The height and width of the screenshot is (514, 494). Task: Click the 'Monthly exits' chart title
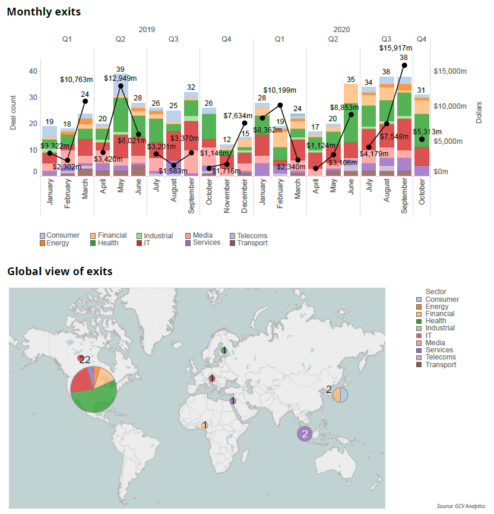click(x=44, y=11)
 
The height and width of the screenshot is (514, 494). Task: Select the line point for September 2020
click(x=404, y=65)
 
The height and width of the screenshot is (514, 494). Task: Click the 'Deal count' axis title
click(x=13, y=115)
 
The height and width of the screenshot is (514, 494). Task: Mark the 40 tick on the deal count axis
click(x=33, y=71)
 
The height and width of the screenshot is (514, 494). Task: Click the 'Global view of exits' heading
click(x=59, y=272)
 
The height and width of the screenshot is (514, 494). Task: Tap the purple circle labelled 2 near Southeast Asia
click(x=305, y=434)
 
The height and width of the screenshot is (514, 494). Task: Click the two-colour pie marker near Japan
click(x=340, y=394)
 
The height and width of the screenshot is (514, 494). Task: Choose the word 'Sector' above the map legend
click(x=436, y=291)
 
